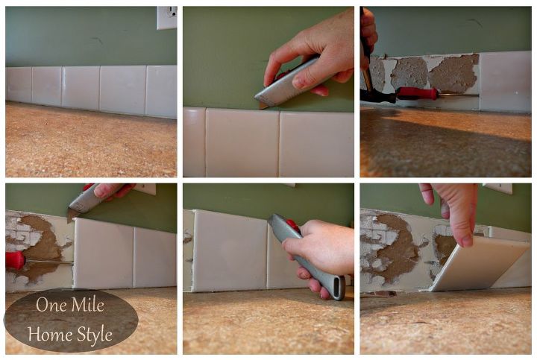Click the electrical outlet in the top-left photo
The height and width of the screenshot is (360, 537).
tap(167, 17)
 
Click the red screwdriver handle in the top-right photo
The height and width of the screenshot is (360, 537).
tap(417, 93)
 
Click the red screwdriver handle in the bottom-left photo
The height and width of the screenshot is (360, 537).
tap(16, 260)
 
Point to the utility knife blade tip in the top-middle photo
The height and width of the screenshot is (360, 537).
tap(261, 107)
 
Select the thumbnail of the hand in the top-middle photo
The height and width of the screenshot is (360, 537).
tap(299, 81)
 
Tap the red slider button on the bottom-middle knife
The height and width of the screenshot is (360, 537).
tap(293, 225)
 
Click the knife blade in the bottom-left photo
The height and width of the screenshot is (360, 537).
tap(72, 215)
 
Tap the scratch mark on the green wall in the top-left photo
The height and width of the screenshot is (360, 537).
tap(98, 40)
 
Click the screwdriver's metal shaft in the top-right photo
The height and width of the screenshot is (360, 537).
tap(459, 95)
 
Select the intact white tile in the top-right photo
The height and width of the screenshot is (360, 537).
tap(506, 82)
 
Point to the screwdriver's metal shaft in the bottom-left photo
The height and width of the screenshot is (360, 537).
tap(50, 262)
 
